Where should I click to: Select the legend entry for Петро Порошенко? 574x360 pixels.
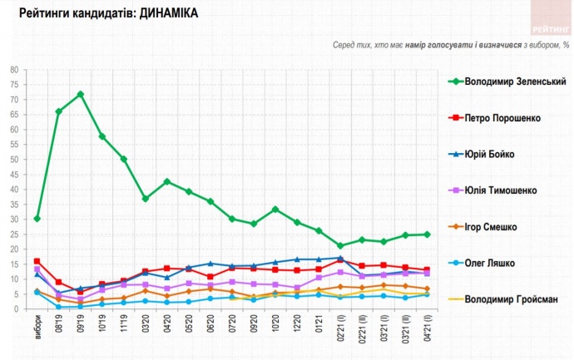pos(502,118)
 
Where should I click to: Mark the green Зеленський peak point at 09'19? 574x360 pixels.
pos(81,94)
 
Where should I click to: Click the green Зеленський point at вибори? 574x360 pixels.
pos(37,219)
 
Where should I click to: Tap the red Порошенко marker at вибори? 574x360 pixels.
pos(37,261)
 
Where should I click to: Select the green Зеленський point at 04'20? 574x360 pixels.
pos(167,181)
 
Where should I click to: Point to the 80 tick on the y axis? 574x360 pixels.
pos(14,70)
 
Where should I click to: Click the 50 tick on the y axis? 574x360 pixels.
pos(14,160)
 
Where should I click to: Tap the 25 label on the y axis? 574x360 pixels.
pos(14,234)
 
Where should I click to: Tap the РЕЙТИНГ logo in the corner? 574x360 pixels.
pos(548,14)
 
